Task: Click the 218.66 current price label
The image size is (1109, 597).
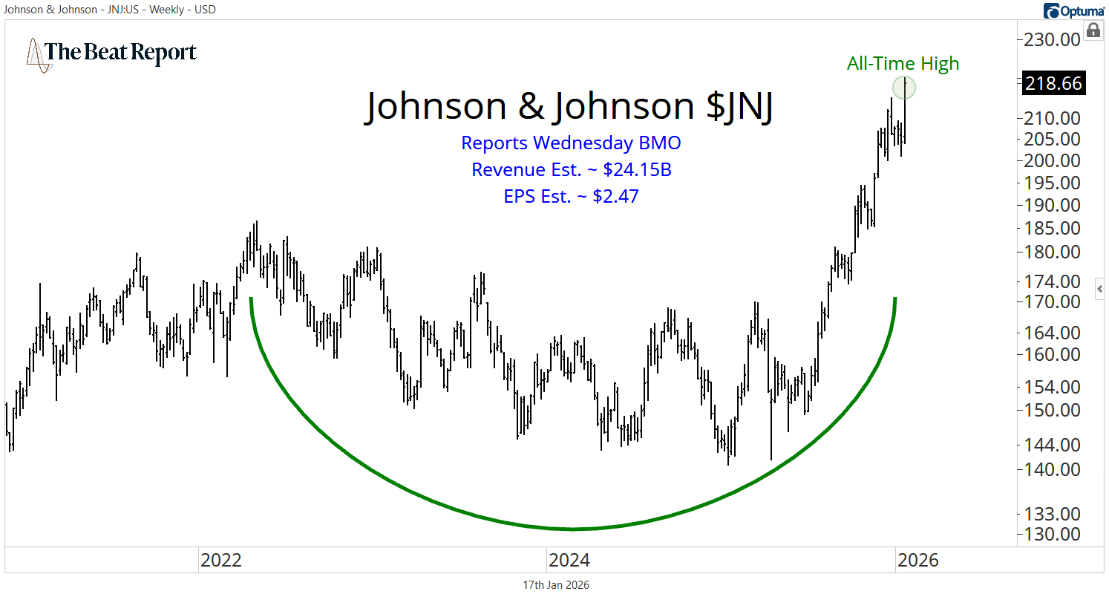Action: coord(1053,83)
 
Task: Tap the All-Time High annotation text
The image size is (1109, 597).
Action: coord(903,64)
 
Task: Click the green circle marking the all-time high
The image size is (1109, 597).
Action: coord(904,88)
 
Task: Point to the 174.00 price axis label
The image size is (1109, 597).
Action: coord(1053,281)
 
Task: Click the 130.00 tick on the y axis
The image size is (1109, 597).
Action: coord(1053,534)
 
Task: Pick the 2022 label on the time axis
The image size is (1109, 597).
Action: coord(220,560)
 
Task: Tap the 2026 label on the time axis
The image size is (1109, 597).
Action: coord(917,560)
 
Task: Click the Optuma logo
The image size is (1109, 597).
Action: coord(1072,10)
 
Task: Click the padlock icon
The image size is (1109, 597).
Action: coord(1093,30)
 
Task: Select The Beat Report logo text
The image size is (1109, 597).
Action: coord(121,53)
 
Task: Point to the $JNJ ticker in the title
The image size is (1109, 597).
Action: coord(739,106)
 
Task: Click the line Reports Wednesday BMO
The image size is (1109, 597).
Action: coord(571,143)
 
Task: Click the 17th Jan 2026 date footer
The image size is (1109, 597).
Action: coord(556,585)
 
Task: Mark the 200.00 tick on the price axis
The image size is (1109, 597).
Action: coord(1053,160)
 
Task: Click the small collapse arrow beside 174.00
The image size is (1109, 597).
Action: coord(1100,287)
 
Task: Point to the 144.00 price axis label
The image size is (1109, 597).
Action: coord(1053,445)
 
